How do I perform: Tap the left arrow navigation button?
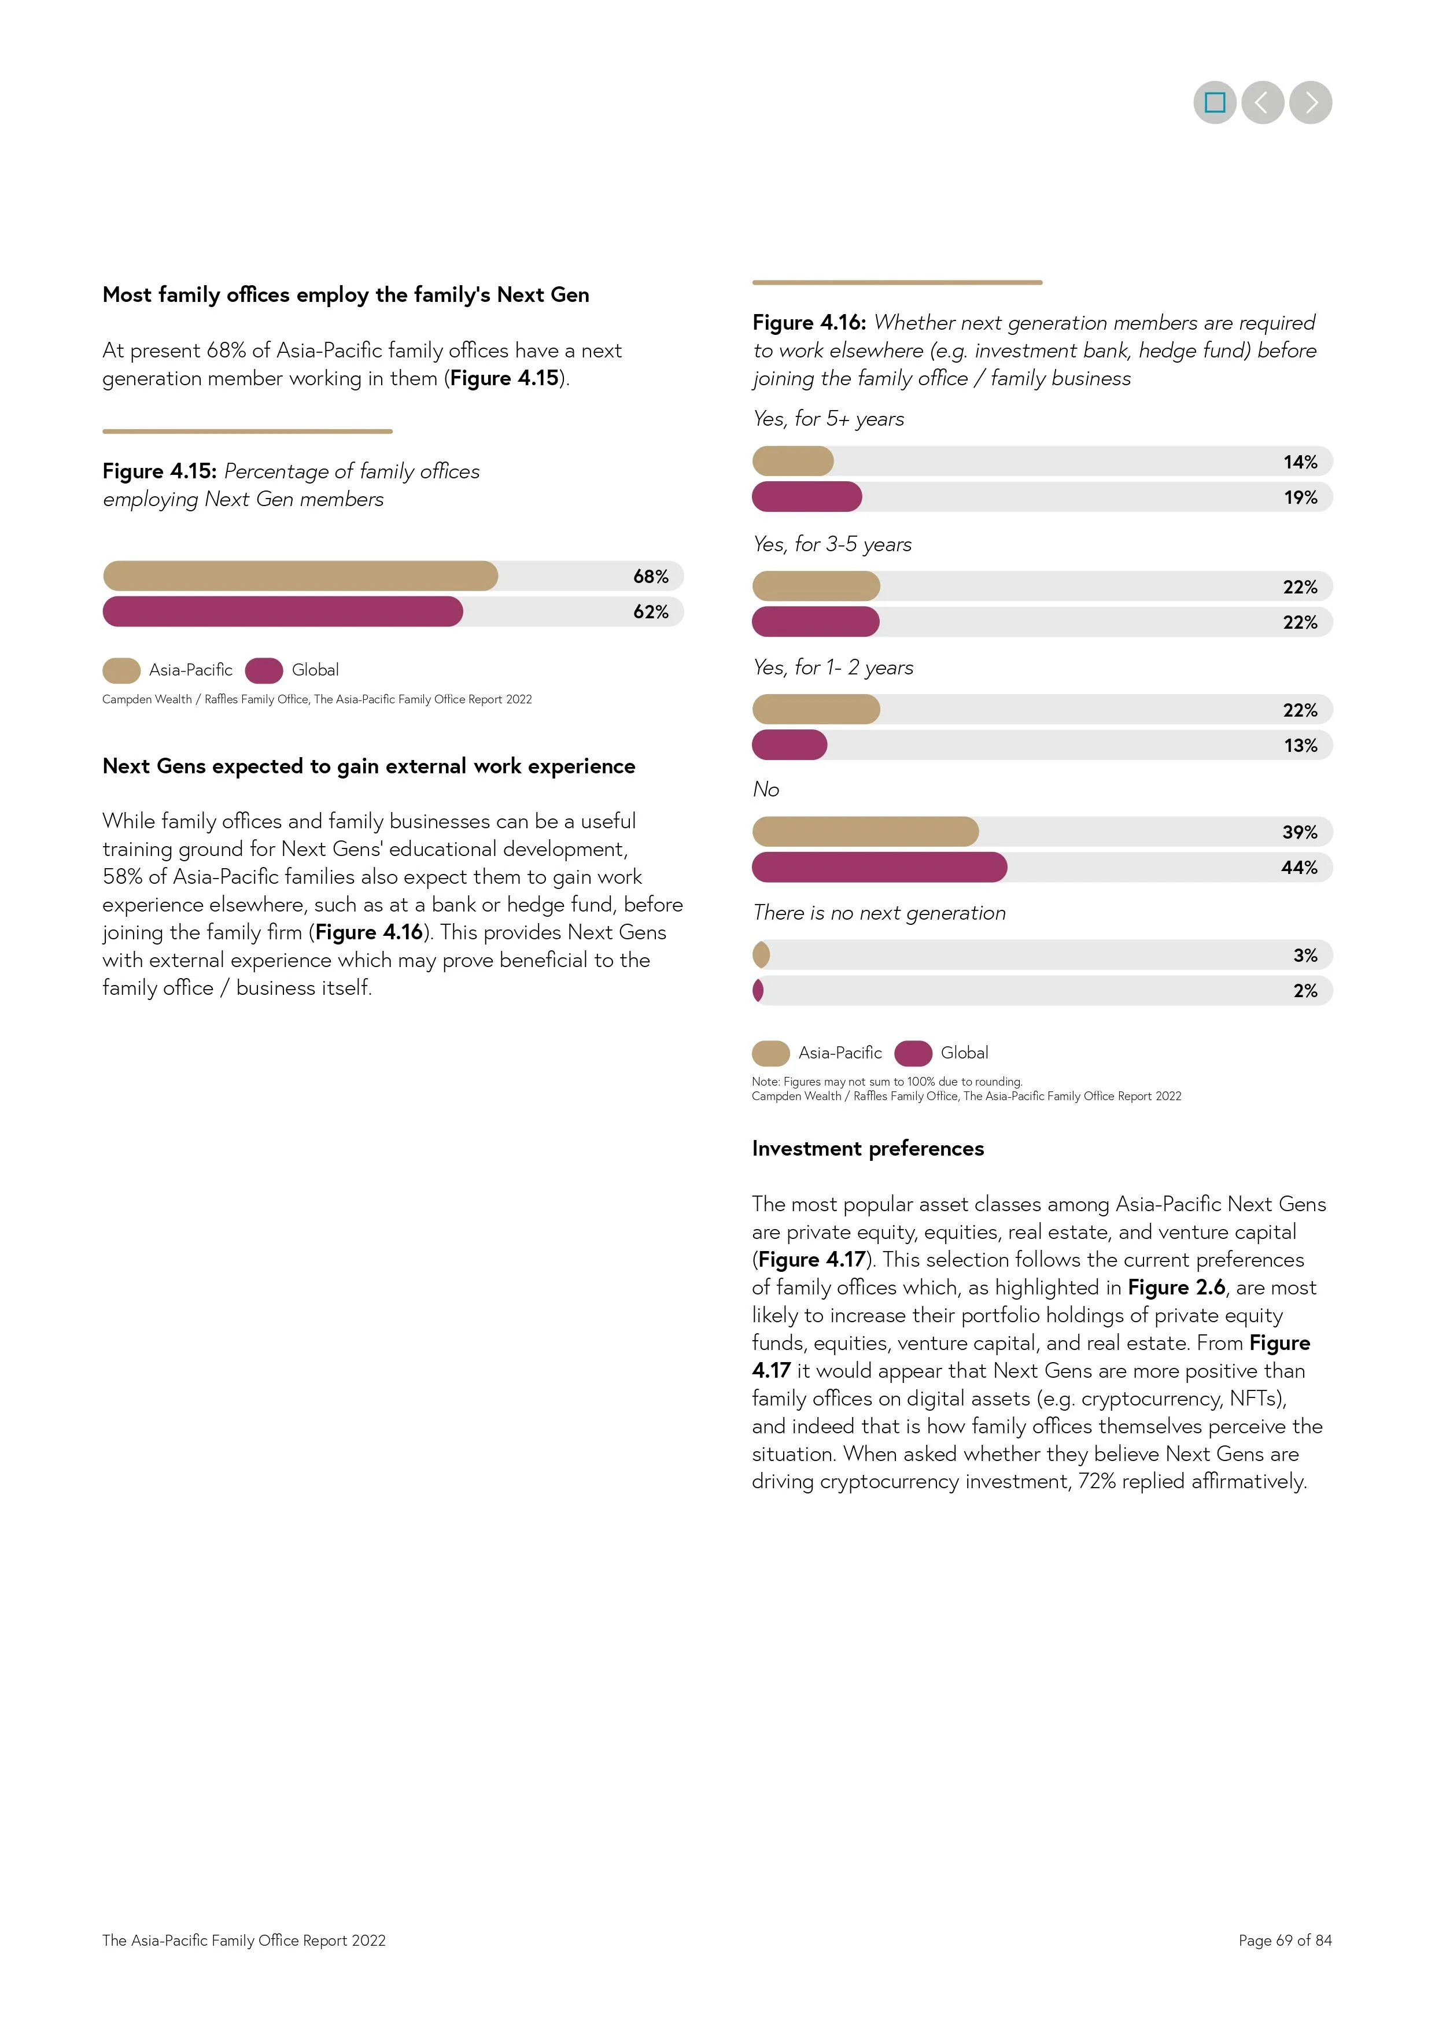coord(1262,102)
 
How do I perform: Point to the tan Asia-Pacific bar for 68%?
coord(300,576)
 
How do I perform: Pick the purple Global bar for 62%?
coord(283,611)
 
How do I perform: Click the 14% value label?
coord(1300,462)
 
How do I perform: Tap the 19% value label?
coord(1300,497)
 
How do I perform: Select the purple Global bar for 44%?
coord(879,867)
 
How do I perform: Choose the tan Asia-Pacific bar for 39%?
coord(865,832)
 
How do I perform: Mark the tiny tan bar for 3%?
coord(761,956)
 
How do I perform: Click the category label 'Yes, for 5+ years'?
coord(828,419)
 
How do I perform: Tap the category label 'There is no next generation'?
coord(879,913)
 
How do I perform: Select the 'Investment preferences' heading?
coord(868,1148)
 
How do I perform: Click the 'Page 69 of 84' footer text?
coord(1284,1940)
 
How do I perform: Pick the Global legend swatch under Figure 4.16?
coord(913,1053)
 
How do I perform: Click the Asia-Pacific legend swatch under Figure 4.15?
coord(121,671)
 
